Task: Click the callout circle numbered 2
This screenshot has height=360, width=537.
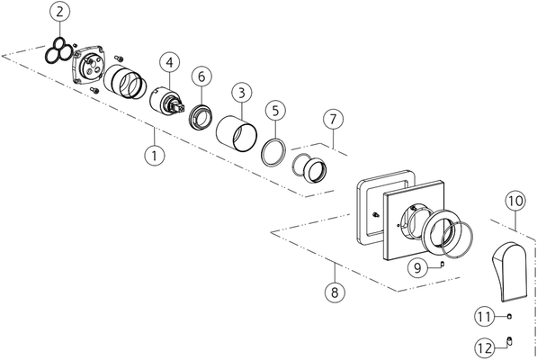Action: (x=59, y=12)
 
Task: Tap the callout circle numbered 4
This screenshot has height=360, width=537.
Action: (x=169, y=63)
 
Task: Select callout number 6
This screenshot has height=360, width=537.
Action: (x=201, y=76)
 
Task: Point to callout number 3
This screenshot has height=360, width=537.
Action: (x=242, y=93)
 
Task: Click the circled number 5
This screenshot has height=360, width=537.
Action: (x=275, y=111)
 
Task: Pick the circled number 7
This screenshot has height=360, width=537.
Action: (x=333, y=119)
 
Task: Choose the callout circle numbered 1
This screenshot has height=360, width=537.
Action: (x=155, y=156)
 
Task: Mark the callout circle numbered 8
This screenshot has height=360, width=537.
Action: (x=335, y=292)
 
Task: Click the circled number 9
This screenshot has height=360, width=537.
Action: (x=418, y=267)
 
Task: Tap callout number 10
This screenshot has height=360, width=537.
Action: (x=515, y=201)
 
